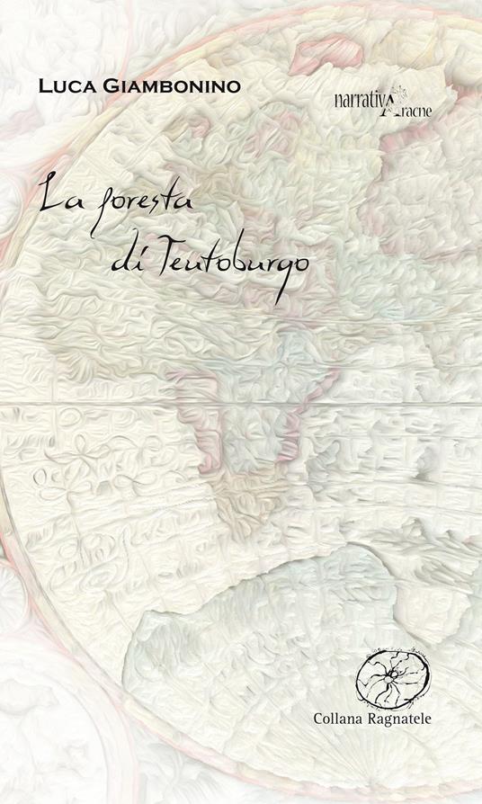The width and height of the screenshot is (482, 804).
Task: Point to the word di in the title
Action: [x=123, y=255]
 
